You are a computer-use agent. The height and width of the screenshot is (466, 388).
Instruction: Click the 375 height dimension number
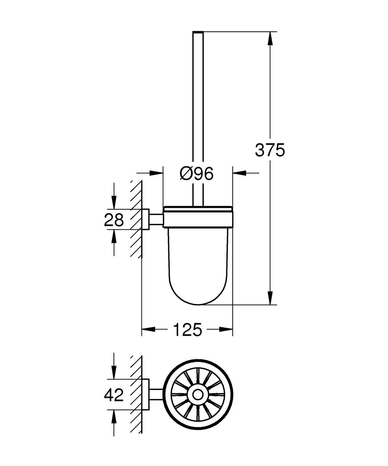(270, 150)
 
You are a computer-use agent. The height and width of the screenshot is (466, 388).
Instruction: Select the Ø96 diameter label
(196, 174)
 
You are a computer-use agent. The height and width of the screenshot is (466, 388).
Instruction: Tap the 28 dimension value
(114, 220)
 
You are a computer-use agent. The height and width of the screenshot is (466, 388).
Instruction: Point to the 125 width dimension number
(187, 330)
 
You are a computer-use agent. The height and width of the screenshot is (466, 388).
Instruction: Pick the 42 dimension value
(114, 395)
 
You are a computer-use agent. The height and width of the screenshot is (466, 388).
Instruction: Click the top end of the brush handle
(197, 33)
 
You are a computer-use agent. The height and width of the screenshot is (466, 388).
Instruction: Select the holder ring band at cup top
(198, 218)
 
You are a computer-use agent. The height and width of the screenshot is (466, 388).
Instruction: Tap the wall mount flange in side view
(145, 219)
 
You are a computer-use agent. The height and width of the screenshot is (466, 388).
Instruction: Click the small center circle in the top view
(198, 395)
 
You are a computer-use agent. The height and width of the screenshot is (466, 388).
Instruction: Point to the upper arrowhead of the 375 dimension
(270, 39)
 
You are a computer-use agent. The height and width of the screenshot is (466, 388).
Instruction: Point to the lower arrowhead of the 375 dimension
(270, 299)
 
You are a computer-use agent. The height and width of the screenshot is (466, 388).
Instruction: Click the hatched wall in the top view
(135, 395)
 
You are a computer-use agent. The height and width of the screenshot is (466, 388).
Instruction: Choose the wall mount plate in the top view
(145, 395)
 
